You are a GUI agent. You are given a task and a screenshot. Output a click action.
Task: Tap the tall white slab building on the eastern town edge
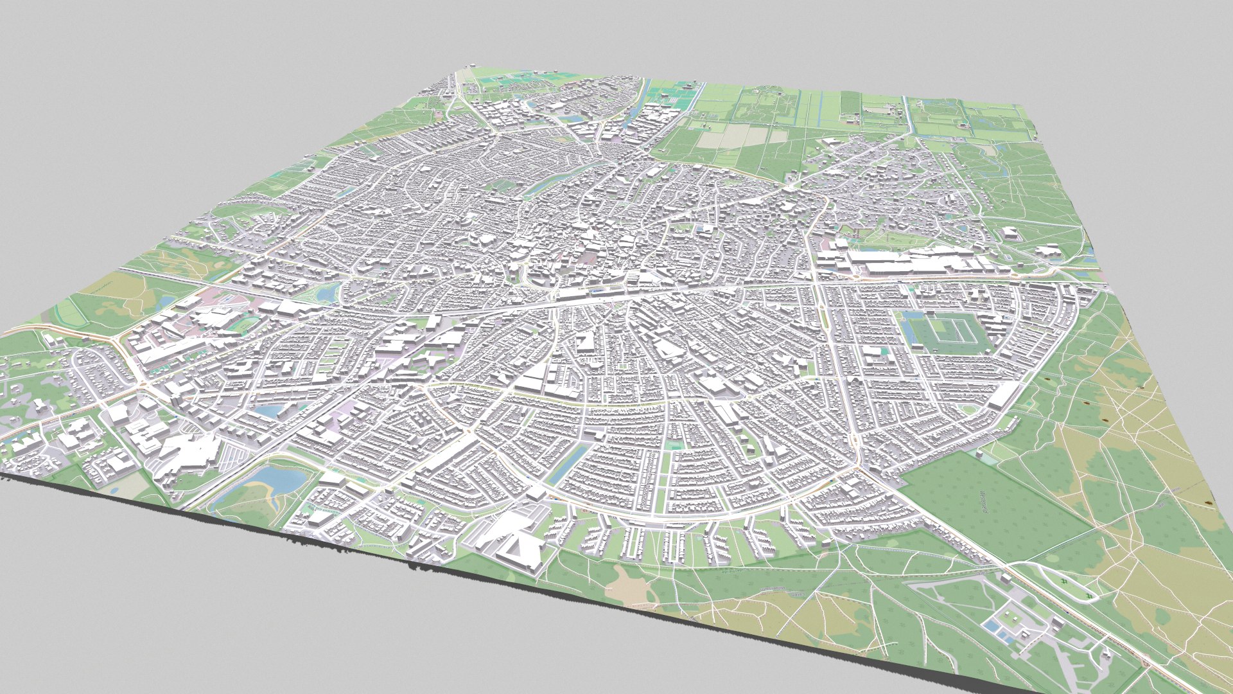click(1002, 395)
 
